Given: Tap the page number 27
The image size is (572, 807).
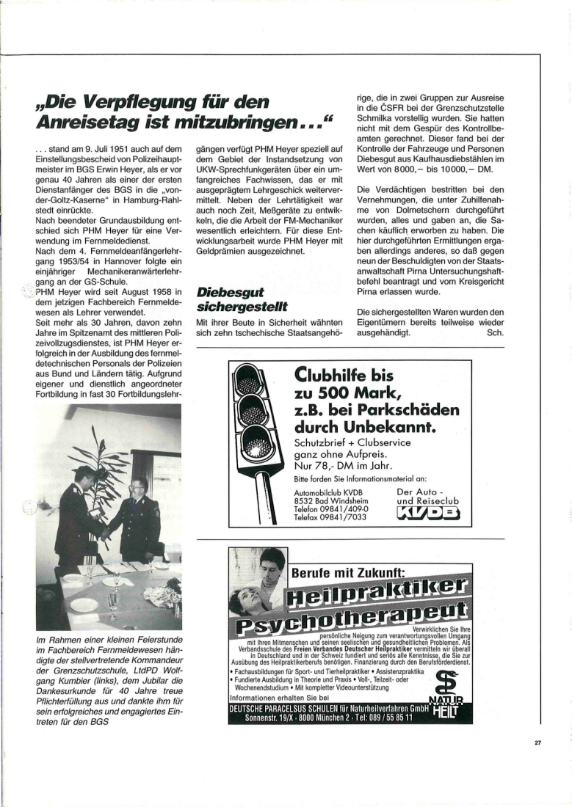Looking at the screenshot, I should (537, 742).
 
